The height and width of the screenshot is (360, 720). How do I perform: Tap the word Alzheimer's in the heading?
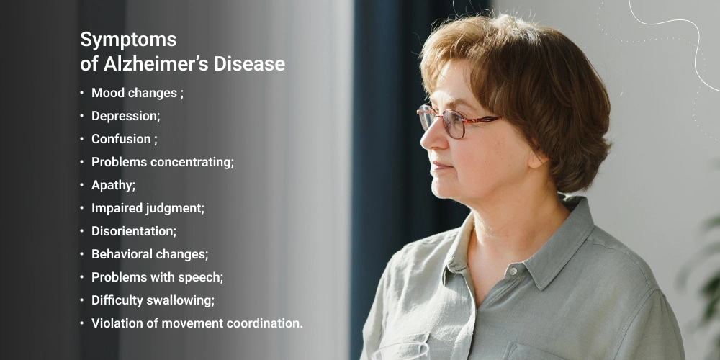click(156, 64)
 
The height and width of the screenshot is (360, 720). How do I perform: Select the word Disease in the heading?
click(249, 64)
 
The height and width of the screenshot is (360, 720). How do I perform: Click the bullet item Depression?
click(126, 116)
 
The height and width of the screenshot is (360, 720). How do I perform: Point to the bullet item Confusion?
click(125, 139)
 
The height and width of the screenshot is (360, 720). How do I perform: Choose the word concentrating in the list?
click(192, 163)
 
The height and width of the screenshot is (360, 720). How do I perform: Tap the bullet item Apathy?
click(114, 186)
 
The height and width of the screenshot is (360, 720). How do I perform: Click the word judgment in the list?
click(175, 209)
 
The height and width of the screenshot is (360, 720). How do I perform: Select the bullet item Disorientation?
click(134, 231)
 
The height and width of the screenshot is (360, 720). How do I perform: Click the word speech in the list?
click(204, 277)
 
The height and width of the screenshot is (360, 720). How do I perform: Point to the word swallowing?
click(180, 300)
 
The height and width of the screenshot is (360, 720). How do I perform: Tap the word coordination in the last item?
click(259, 323)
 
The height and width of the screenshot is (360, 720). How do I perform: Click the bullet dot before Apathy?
click(82, 185)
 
